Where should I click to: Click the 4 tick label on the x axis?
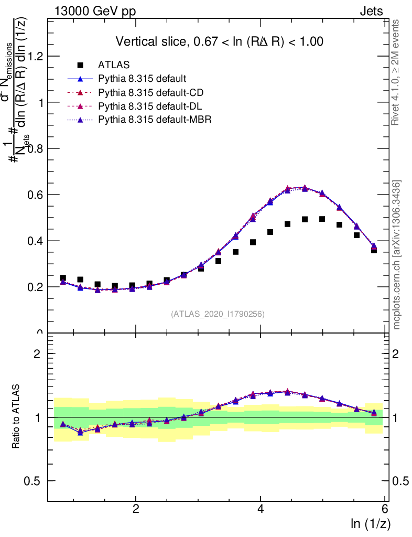point(261,509)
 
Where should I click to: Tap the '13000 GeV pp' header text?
point(95,11)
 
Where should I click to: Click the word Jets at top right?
point(371,11)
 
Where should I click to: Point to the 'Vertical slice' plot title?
point(219,41)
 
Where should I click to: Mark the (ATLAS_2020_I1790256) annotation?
point(218,314)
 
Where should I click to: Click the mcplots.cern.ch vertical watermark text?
point(397,255)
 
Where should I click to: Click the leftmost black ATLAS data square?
point(63,278)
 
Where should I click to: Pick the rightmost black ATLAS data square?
point(374,250)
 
